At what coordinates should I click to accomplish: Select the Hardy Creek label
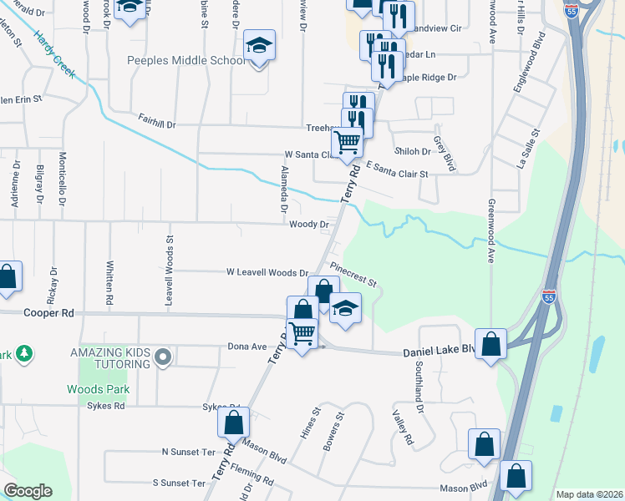[54, 55]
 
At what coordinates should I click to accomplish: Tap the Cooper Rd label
[51, 312]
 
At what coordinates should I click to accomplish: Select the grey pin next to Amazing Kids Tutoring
[163, 359]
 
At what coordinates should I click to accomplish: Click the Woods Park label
[91, 389]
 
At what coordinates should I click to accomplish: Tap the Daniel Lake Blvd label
[440, 352]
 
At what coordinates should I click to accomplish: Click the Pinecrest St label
[354, 276]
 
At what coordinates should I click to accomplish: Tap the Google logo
[28, 491]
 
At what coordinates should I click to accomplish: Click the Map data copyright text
[588, 494]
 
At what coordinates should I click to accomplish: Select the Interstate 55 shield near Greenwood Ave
[547, 296]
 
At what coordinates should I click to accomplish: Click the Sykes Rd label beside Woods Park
[104, 406]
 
